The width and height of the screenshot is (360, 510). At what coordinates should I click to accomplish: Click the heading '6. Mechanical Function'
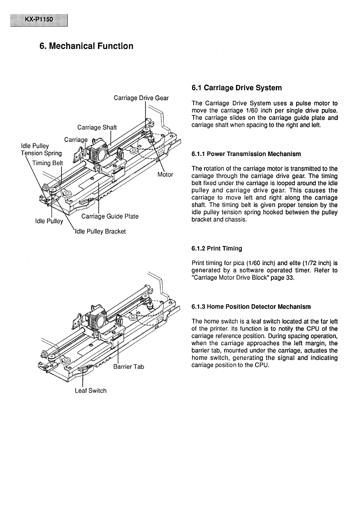point(86,46)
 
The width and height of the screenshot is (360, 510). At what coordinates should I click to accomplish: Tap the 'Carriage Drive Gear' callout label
point(141,98)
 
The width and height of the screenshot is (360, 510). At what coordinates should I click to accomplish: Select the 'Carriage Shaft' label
point(97,127)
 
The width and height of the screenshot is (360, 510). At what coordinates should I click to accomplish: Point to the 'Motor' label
point(165,174)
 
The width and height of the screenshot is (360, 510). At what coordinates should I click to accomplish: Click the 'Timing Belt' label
point(48,163)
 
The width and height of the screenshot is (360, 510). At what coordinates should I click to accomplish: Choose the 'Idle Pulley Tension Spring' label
point(41,149)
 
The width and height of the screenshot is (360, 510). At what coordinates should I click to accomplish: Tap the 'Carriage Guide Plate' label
point(110,216)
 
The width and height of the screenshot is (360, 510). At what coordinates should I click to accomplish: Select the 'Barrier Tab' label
point(128,367)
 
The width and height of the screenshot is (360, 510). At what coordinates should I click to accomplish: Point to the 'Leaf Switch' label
point(91,391)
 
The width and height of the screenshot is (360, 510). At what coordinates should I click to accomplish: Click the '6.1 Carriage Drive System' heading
point(237,88)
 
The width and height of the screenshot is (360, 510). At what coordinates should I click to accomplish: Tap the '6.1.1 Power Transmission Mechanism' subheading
point(246,154)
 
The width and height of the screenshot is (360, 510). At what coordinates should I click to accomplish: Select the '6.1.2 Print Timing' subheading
point(217,248)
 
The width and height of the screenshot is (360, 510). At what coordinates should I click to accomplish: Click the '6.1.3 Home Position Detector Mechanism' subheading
point(251,307)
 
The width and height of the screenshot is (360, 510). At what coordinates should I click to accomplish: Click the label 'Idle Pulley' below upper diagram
point(49,221)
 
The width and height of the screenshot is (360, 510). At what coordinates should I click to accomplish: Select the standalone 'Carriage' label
point(75,140)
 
